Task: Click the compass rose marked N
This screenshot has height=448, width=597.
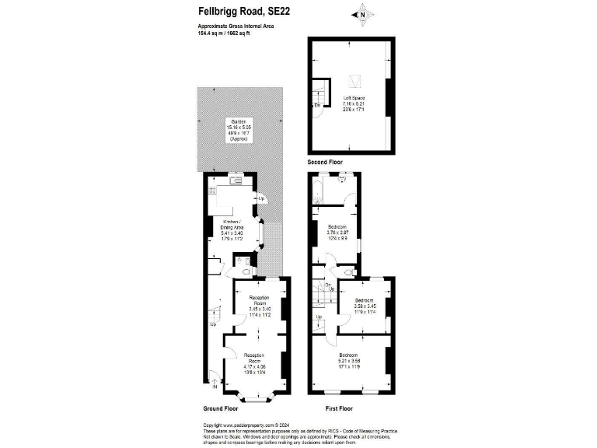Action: pos(361,13)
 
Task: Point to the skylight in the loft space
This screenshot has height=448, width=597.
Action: pos(357,79)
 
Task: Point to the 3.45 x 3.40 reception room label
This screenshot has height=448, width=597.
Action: pos(258,307)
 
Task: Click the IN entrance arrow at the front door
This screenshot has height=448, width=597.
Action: pos(214,381)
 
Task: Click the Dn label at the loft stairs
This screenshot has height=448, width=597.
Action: pos(317,104)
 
